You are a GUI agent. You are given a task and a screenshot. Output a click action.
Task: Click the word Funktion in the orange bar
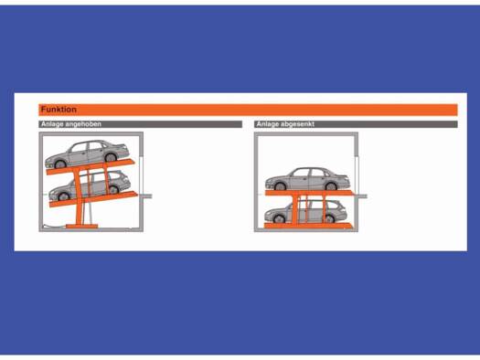[x=59, y=110]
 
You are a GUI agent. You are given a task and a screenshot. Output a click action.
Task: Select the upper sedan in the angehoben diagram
[x=87, y=154]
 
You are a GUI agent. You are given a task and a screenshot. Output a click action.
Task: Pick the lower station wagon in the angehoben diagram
[x=91, y=186]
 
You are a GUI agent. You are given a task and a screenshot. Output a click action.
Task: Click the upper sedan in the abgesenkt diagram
[x=307, y=179]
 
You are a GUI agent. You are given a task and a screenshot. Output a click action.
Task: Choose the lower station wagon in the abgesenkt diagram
[x=305, y=212]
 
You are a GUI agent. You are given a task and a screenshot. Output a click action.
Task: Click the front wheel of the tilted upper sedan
[x=60, y=164]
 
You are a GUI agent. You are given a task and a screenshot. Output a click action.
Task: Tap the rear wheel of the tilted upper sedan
[x=111, y=157]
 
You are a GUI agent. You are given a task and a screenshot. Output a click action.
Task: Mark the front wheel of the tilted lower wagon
[x=63, y=196]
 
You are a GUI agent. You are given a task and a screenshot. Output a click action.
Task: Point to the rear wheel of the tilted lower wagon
[x=113, y=190]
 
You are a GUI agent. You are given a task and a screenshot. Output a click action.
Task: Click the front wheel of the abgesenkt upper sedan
[x=280, y=186]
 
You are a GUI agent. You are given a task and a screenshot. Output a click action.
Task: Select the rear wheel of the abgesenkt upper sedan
[x=331, y=186]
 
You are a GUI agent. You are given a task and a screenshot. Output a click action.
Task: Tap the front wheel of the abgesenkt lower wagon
[x=279, y=219]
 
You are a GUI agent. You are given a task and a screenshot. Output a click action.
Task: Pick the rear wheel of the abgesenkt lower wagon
[x=329, y=219]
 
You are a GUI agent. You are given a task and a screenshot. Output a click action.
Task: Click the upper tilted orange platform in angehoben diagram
[x=91, y=167]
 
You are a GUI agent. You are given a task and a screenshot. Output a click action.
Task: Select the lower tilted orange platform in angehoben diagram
[x=93, y=199]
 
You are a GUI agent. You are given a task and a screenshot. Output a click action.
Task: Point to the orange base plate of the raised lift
[x=81, y=227]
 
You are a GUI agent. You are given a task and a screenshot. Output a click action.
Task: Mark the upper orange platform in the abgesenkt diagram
[x=309, y=193]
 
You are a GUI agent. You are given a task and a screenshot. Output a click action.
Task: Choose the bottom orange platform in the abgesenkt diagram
[x=309, y=226]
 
